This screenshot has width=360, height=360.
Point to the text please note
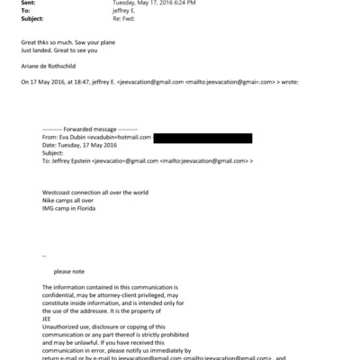coord(74,270)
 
